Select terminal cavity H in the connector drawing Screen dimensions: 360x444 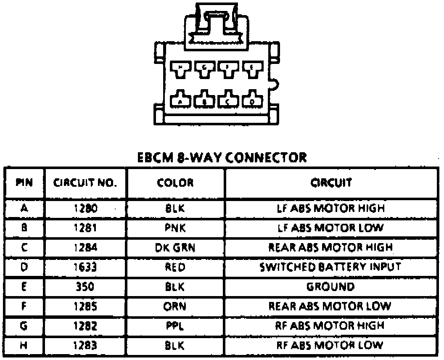[181, 69]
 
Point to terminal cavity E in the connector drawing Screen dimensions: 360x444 [252, 69]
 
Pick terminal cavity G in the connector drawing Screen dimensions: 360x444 [204, 69]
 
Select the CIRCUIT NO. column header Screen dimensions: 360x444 [85, 183]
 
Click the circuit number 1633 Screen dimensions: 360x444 [85, 266]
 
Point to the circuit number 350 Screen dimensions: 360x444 [85, 286]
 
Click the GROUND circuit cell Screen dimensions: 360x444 [330, 286]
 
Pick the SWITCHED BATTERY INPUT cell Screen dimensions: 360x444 [330, 266]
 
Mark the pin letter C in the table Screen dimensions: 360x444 [24, 247]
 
